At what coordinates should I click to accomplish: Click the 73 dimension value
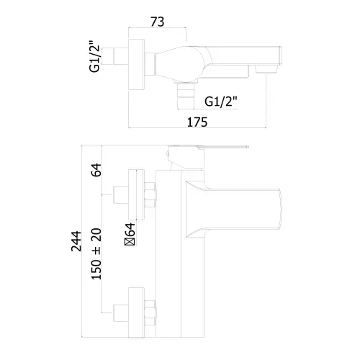coord(158,22)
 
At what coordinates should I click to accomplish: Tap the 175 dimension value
coord(197,122)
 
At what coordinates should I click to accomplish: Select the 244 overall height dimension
coord(76,241)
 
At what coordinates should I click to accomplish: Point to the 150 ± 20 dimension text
coord(96,253)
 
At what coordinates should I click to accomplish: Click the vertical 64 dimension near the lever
coord(96,170)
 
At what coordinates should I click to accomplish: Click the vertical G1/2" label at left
coord(94,56)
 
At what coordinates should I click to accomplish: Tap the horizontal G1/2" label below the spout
coord(221,102)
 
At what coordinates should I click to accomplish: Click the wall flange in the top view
coord(136,64)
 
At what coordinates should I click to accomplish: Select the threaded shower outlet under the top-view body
coord(185,95)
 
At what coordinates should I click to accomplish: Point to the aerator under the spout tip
coord(266,69)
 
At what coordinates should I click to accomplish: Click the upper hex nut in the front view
coord(150,194)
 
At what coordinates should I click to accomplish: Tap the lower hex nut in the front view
coord(150,312)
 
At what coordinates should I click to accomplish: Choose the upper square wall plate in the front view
coord(136,194)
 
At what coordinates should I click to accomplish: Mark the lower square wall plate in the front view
coord(136,312)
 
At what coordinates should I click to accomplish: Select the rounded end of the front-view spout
coord(279,209)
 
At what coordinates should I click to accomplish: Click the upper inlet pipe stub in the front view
coord(121,194)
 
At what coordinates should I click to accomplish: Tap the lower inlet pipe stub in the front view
coord(121,312)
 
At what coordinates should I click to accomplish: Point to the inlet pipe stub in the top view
coord(121,56)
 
